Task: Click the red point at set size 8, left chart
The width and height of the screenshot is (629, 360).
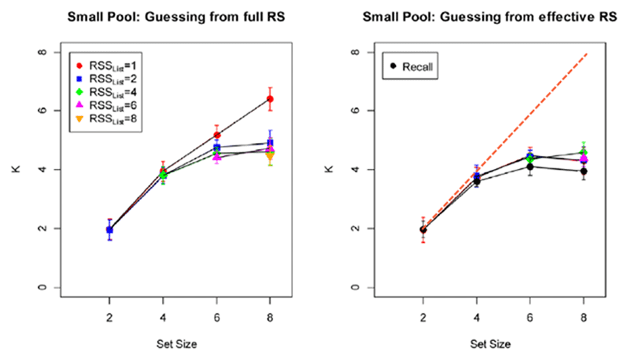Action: point(270,99)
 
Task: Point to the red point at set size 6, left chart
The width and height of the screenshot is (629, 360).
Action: point(216,135)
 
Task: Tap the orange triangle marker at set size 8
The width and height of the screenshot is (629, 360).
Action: point(270,155)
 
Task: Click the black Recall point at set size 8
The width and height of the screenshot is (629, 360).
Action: point(583,171)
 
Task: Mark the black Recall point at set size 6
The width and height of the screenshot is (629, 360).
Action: point(529,167)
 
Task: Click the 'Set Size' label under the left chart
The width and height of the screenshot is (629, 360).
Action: point(176,344)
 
